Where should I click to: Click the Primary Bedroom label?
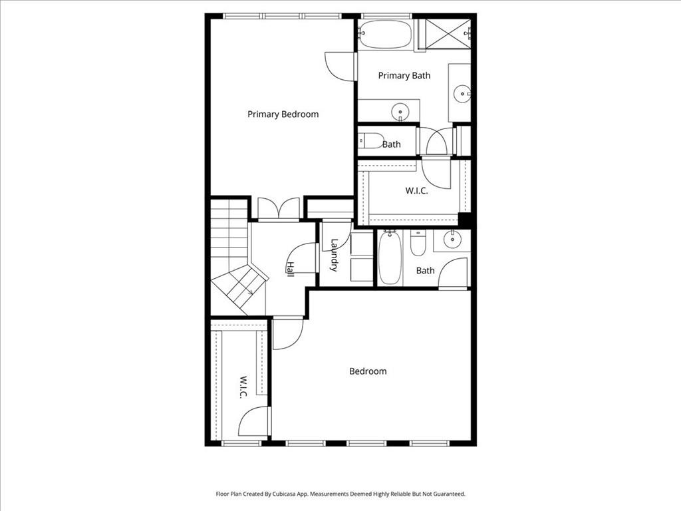[x=283, y=114]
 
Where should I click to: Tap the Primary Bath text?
[x=404, y=75]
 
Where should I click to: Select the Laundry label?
[x=334, y=255]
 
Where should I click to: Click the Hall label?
[x=290, y=268]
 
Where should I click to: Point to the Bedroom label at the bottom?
[x=368, y=371]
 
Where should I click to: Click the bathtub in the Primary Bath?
[x=386, y=35]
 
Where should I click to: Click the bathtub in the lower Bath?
[x=390, y=257]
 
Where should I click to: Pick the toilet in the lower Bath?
[x=418, y=244]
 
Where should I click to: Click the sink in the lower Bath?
[x=453, y=239]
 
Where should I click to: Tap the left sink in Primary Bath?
[x=400, y=110]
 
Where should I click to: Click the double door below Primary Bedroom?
[x=278, y=209]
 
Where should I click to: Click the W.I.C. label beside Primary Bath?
[x=416, y=190]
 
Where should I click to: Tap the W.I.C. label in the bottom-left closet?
[x=243, y=388]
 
